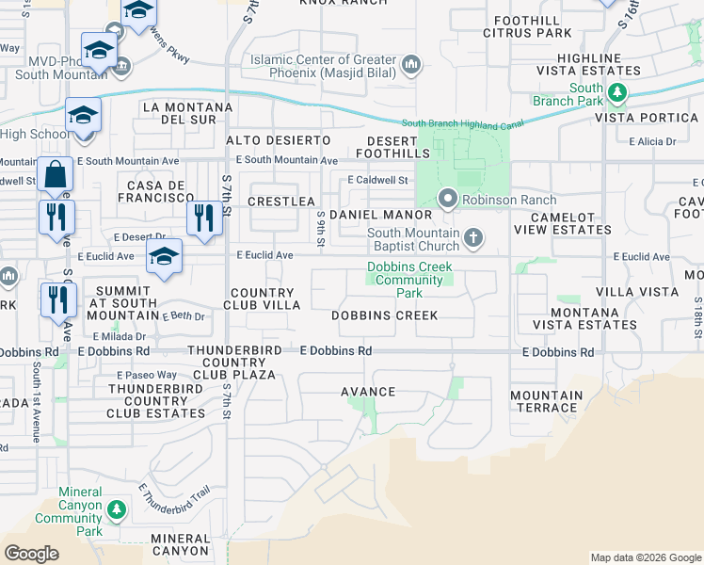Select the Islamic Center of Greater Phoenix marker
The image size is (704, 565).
410,65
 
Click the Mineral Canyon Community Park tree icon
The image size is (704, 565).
116,510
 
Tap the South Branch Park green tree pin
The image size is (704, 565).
616,92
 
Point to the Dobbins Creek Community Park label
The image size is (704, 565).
405,280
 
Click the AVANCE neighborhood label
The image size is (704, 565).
372,391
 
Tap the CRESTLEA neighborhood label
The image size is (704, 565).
281,202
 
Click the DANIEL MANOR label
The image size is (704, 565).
392,216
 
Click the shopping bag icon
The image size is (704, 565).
56,176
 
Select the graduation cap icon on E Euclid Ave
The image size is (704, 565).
164,254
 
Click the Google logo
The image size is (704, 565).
31,554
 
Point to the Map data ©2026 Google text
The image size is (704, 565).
645,557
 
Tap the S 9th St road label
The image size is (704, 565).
321,229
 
